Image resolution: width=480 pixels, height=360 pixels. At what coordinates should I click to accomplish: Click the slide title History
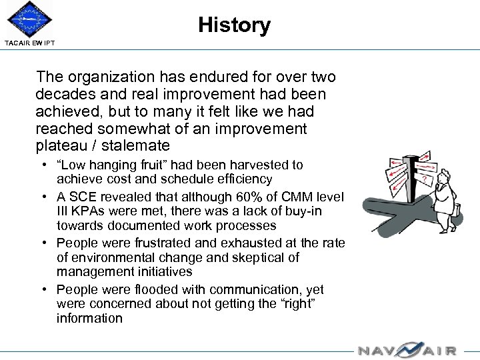click(x=234, y=25)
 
